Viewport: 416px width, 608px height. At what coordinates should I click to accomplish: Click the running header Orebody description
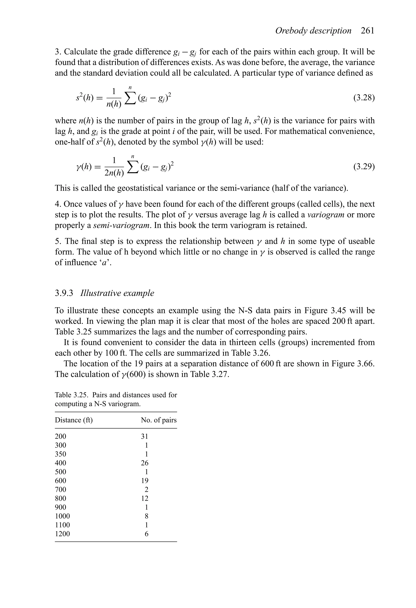point(313,31)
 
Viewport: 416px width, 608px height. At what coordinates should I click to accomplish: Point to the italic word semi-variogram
point(122,225)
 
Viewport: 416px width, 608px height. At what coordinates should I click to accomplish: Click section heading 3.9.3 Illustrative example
point(104,293)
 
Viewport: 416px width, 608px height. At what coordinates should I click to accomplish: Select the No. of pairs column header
point(159,420)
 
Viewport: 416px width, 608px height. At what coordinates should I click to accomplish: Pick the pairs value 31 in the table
point(144,436)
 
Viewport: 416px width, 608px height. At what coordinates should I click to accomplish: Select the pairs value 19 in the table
point(144,481)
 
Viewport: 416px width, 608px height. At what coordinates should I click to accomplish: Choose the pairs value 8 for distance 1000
point(146,516)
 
